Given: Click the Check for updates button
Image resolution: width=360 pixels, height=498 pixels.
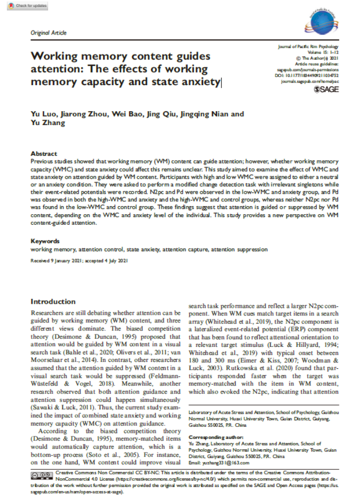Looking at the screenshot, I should pyautogui.click(x=28, y=6).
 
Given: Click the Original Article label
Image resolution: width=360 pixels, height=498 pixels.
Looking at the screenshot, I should pyautogui.click(x=48, y=33).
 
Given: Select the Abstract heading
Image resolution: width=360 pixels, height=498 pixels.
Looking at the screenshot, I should pyautogui.click(x=44, y=154).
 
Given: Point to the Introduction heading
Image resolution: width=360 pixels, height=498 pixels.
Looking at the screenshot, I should pyautogui.click(x=53, y=301).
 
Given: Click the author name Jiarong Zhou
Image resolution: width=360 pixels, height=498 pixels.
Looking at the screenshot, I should pyautogui.click(x=81, y=114).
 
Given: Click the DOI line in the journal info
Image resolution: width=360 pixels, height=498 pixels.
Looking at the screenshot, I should pyautogui.click(x=310, y=74).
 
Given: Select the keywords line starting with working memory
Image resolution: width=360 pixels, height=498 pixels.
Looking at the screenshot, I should pyautogui.click(x=149, y=249).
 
